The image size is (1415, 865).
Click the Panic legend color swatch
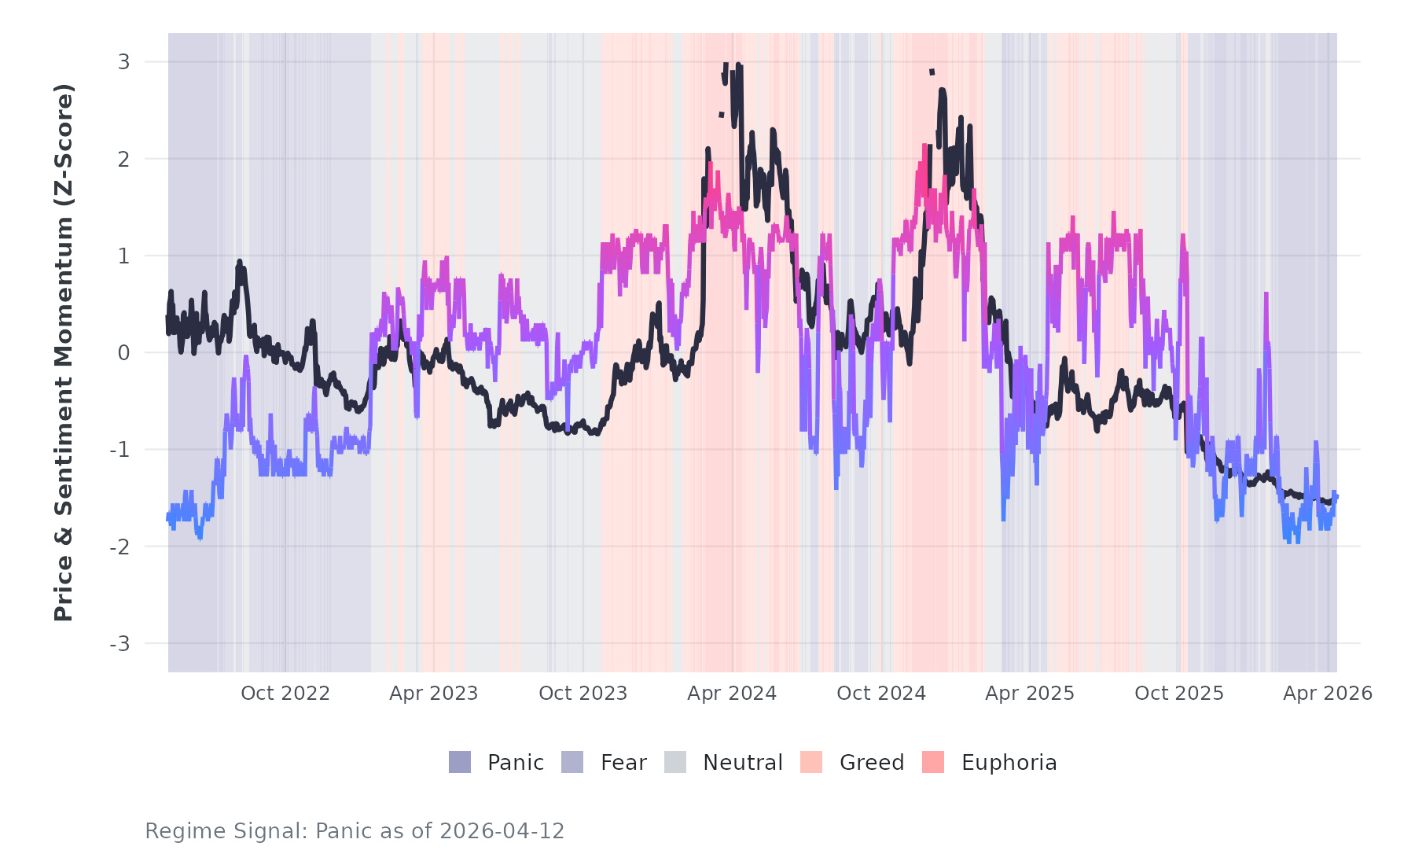tap(460, 762)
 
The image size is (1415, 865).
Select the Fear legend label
tap(623, 763)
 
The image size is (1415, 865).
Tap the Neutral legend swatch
tap(675, 762)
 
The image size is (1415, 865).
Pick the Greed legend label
tap(872, 763)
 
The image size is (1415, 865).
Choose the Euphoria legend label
tap(1009, 763)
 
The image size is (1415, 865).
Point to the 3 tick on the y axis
tap(123, 61)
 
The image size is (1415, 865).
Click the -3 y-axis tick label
tap(119, 644)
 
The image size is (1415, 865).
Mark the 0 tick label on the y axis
tap(123, 353)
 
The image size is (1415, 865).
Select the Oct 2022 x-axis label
tap(285, 694)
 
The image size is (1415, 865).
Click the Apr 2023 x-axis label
tap(434, 694)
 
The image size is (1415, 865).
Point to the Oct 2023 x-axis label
tap(583, 694)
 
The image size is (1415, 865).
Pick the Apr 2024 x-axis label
tap(732, 694)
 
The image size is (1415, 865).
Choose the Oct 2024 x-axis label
tap(881, 694)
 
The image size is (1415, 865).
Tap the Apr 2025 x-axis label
tap(1030, 694)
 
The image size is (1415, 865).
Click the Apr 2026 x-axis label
tap(1328, 694)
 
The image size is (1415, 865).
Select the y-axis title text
tap(63, 352)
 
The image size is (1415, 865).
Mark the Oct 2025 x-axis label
tap(1179, 694)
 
